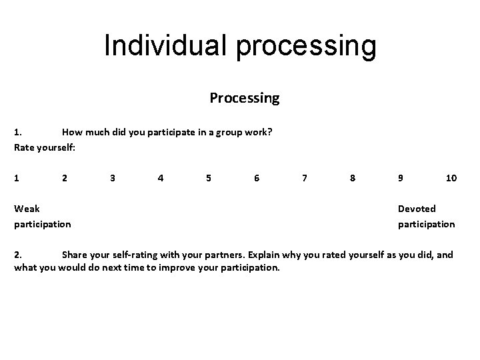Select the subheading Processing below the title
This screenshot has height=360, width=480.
[245, 98]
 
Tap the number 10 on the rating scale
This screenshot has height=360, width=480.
[451, 178]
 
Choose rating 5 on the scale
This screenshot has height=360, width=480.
[209, 178]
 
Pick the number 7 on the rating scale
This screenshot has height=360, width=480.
[305, 178]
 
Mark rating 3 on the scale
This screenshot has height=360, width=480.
[113, 178]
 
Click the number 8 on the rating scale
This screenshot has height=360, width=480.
[353, 178]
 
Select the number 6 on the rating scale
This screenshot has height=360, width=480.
[257, 178]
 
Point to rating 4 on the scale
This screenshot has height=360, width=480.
[161, 178]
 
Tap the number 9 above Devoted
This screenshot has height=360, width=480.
[401, 178]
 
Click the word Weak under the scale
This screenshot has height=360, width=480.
[27, 209]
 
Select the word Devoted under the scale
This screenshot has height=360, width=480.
[417, 209]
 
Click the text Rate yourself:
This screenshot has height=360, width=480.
[45, 147]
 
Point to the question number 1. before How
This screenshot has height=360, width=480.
[19, 132]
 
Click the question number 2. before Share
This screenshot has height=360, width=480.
[19, 254]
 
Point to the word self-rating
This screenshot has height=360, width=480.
[136, 254]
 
